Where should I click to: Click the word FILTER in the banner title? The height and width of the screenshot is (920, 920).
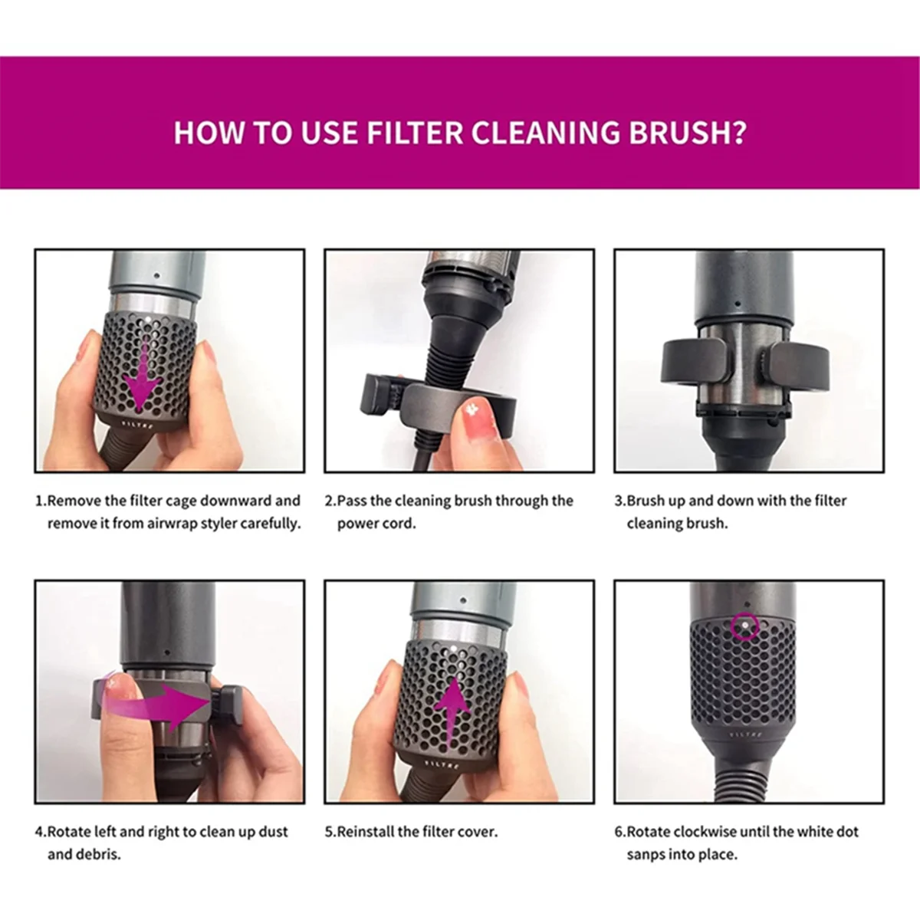click(415, 133)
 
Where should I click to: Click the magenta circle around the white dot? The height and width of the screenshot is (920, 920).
click(744, 626)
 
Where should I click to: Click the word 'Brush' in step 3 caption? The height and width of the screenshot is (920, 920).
click(647, 501)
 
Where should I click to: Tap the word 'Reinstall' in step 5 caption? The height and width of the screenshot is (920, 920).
click(366, 831)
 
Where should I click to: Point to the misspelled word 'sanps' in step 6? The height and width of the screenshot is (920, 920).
click(646, 854)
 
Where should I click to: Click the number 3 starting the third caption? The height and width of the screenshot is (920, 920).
click(619, 501)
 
